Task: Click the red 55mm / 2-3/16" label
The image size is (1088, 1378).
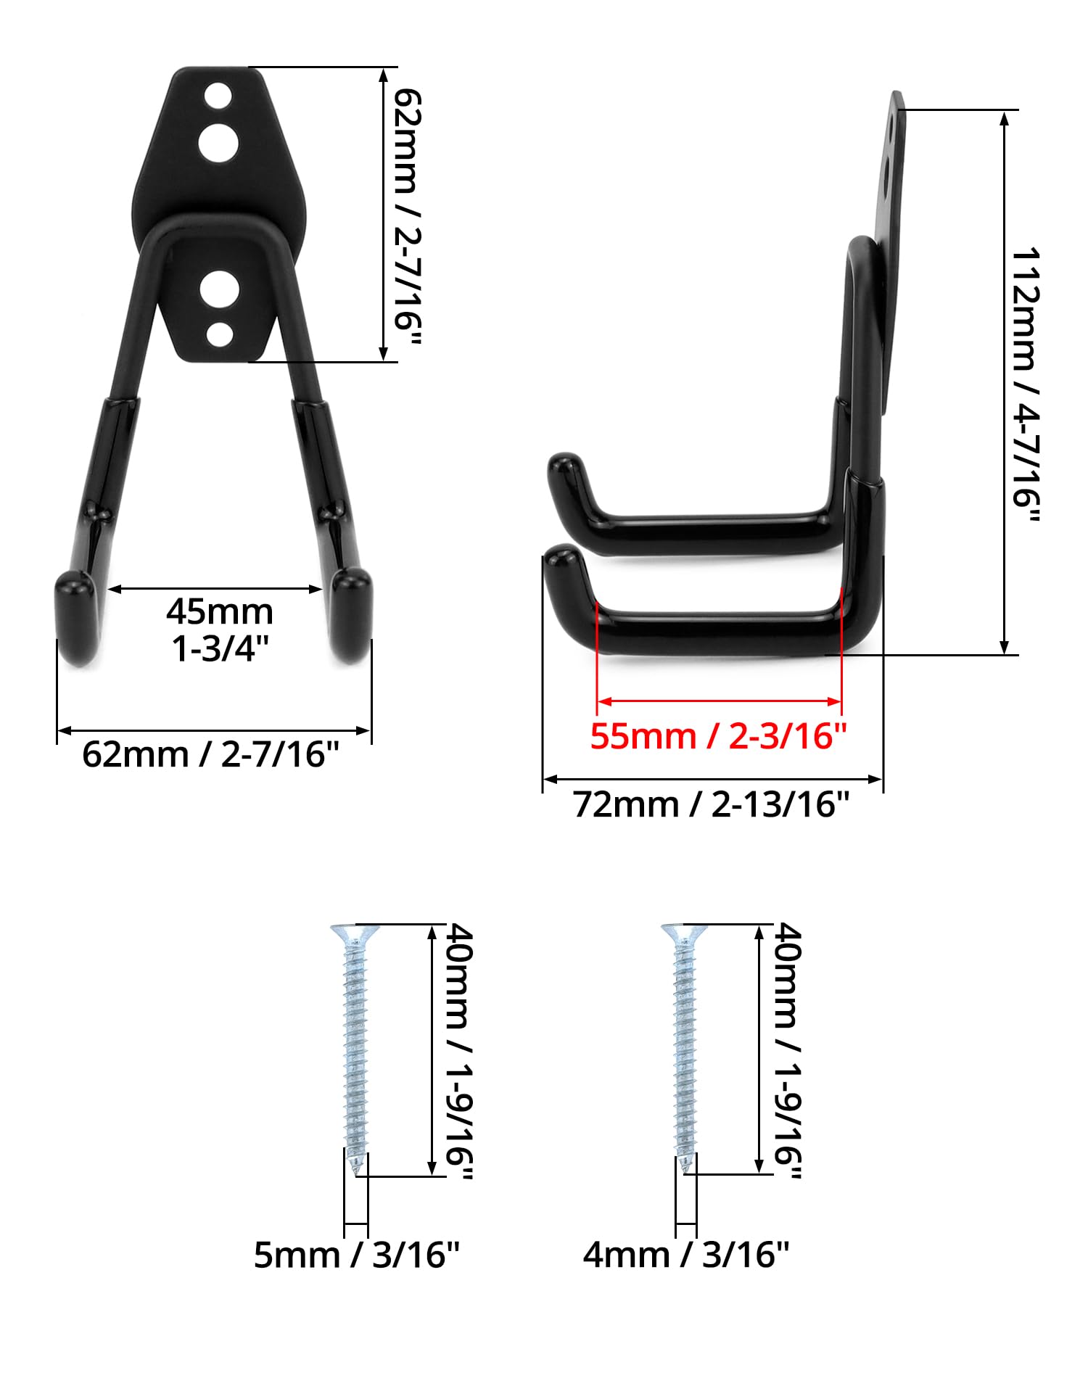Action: (718, 736)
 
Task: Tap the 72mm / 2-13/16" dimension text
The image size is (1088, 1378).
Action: (711, 804)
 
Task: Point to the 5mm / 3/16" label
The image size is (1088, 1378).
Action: (356, 1255)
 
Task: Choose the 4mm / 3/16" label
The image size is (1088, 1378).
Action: (685, 1255)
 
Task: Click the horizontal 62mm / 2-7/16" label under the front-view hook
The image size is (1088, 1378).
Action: (210, 754)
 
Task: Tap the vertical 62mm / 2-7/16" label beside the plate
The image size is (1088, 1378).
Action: (407, 216)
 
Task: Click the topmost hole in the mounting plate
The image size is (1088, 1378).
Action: (218, 96)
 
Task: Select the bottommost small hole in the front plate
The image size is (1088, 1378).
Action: (219, 334)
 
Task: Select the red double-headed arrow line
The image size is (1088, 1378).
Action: (718, 701)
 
